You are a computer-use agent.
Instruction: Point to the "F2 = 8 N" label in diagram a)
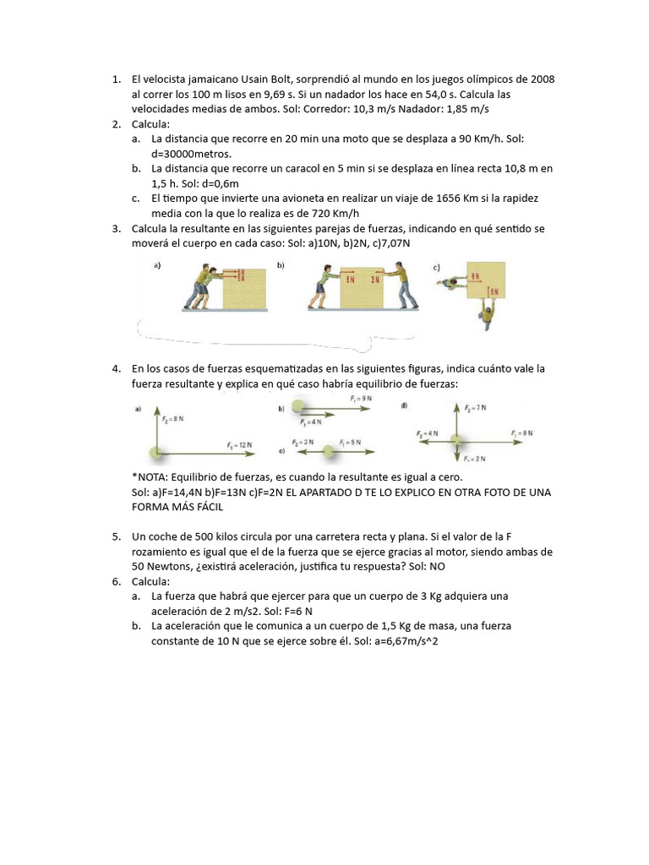point(172,417)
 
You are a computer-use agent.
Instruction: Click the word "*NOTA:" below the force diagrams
point(150,477)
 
